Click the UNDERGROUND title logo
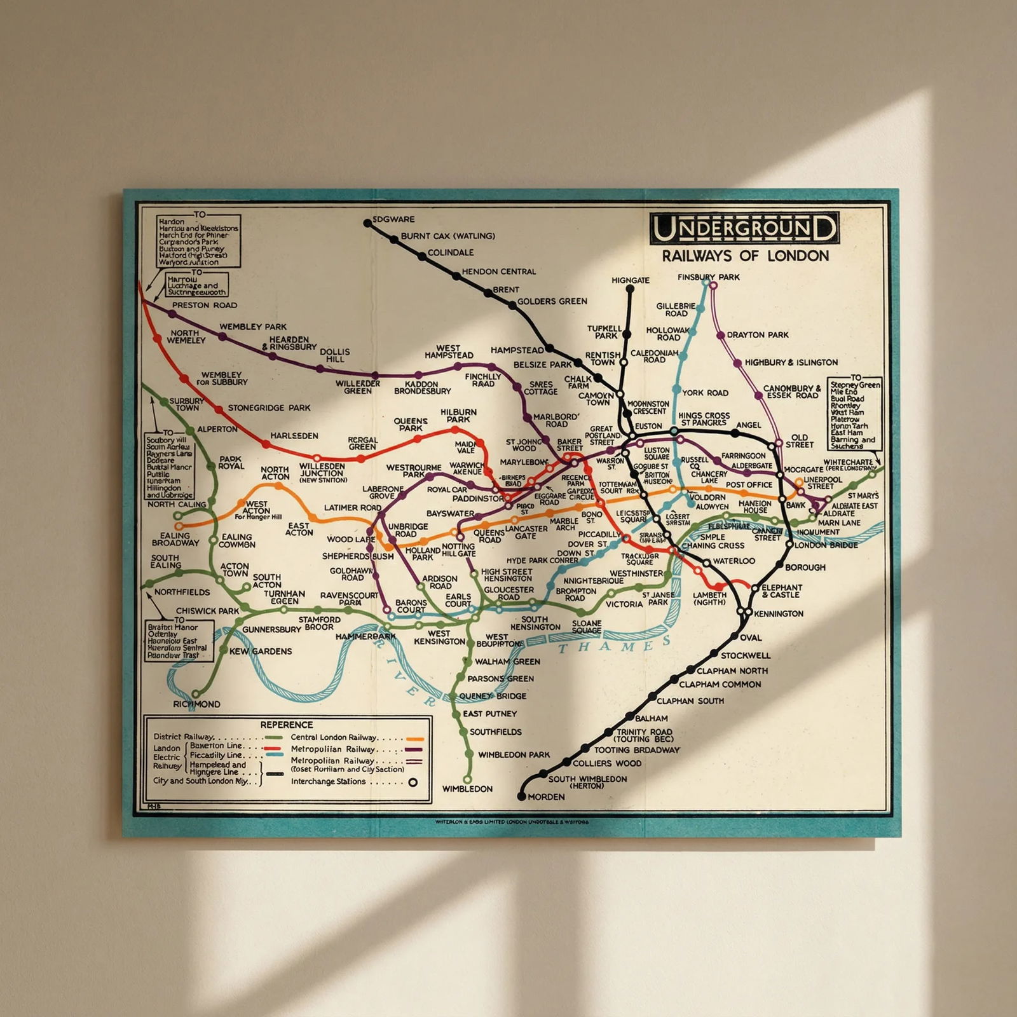coord(744,229)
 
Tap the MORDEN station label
coord(546,796)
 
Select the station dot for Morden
coord(522,796)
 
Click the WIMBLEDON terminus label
coord(467,789)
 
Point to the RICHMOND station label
coord(196,704)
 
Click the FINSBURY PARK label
coord(708,277)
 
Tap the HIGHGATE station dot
coord(630,289)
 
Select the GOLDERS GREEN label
coord(552,301)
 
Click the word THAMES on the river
coord(614,646)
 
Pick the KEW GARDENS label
coord(261,652)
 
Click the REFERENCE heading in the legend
coord(287,725)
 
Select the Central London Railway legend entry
coord(334,737)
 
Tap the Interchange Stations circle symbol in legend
coord(413,782)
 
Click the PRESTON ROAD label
coord(205,305)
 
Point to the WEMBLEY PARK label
coord(253,327)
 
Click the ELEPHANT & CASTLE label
coord(782,591)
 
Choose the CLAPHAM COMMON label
coord(720,685)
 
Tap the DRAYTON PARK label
coord(758,335)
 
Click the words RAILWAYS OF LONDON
coord(745,256)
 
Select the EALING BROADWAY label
coord(175,540)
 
